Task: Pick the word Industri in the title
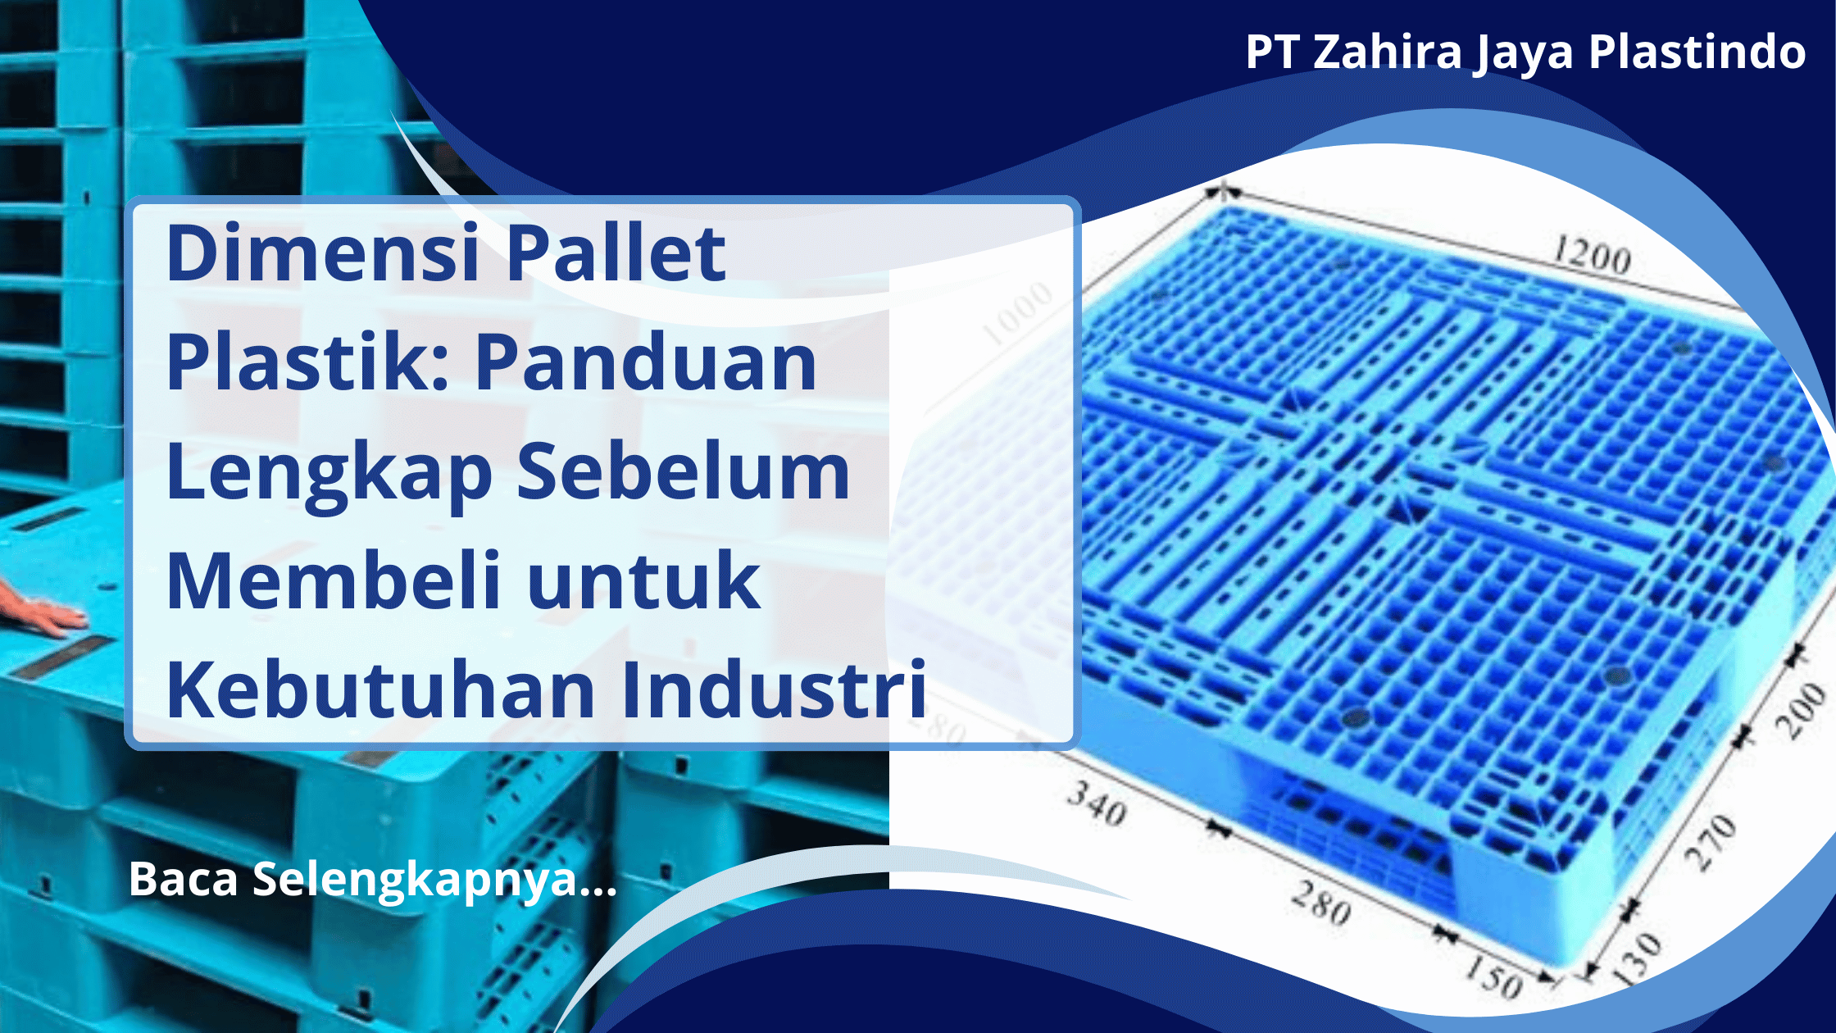pos(774,690)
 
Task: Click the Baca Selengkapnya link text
pos(373,879)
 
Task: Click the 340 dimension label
pos(1097,803)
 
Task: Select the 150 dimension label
pos(1493,976)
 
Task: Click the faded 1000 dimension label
pos(1017,313)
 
